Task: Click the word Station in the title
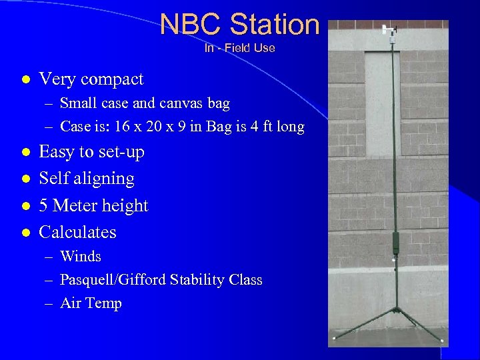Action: point(275,25)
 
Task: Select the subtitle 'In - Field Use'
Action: point(239,48)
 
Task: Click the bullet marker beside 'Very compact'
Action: point(25,79)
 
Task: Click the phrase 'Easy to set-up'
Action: point(91,152)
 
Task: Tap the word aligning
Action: point(107,179)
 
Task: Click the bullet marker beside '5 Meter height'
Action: point(25,206)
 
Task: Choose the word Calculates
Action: point(77,232)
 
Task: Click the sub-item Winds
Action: point(81,257)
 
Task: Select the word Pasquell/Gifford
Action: point(115,280)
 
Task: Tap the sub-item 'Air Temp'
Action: point(91,303)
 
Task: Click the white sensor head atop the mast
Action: point(389,29)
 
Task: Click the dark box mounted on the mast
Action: point(395,241)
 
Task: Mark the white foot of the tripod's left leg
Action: point(333,339)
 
